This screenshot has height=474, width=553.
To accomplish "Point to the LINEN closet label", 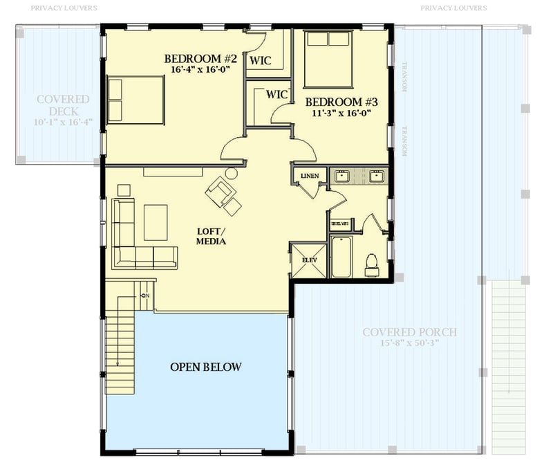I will tap(309, 176).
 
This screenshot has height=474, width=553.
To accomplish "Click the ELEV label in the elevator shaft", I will tap(308, 260).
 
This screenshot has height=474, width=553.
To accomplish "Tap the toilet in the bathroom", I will tap(372, 264).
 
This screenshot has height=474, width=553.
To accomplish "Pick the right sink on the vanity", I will tap(377, 176).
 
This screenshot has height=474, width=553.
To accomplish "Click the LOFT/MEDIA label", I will tap(212, 237).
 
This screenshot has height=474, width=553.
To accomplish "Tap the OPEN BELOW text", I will tap(206, 367).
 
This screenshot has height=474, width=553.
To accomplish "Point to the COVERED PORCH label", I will tap(409, 332).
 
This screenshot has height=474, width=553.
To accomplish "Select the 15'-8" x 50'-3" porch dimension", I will tap(409, 343).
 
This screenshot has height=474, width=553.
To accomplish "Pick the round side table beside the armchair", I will tap(232, 173).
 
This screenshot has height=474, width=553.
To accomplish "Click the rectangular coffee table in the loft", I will tap(156, 222).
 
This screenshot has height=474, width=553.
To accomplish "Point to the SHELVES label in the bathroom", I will tap(339, 224).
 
